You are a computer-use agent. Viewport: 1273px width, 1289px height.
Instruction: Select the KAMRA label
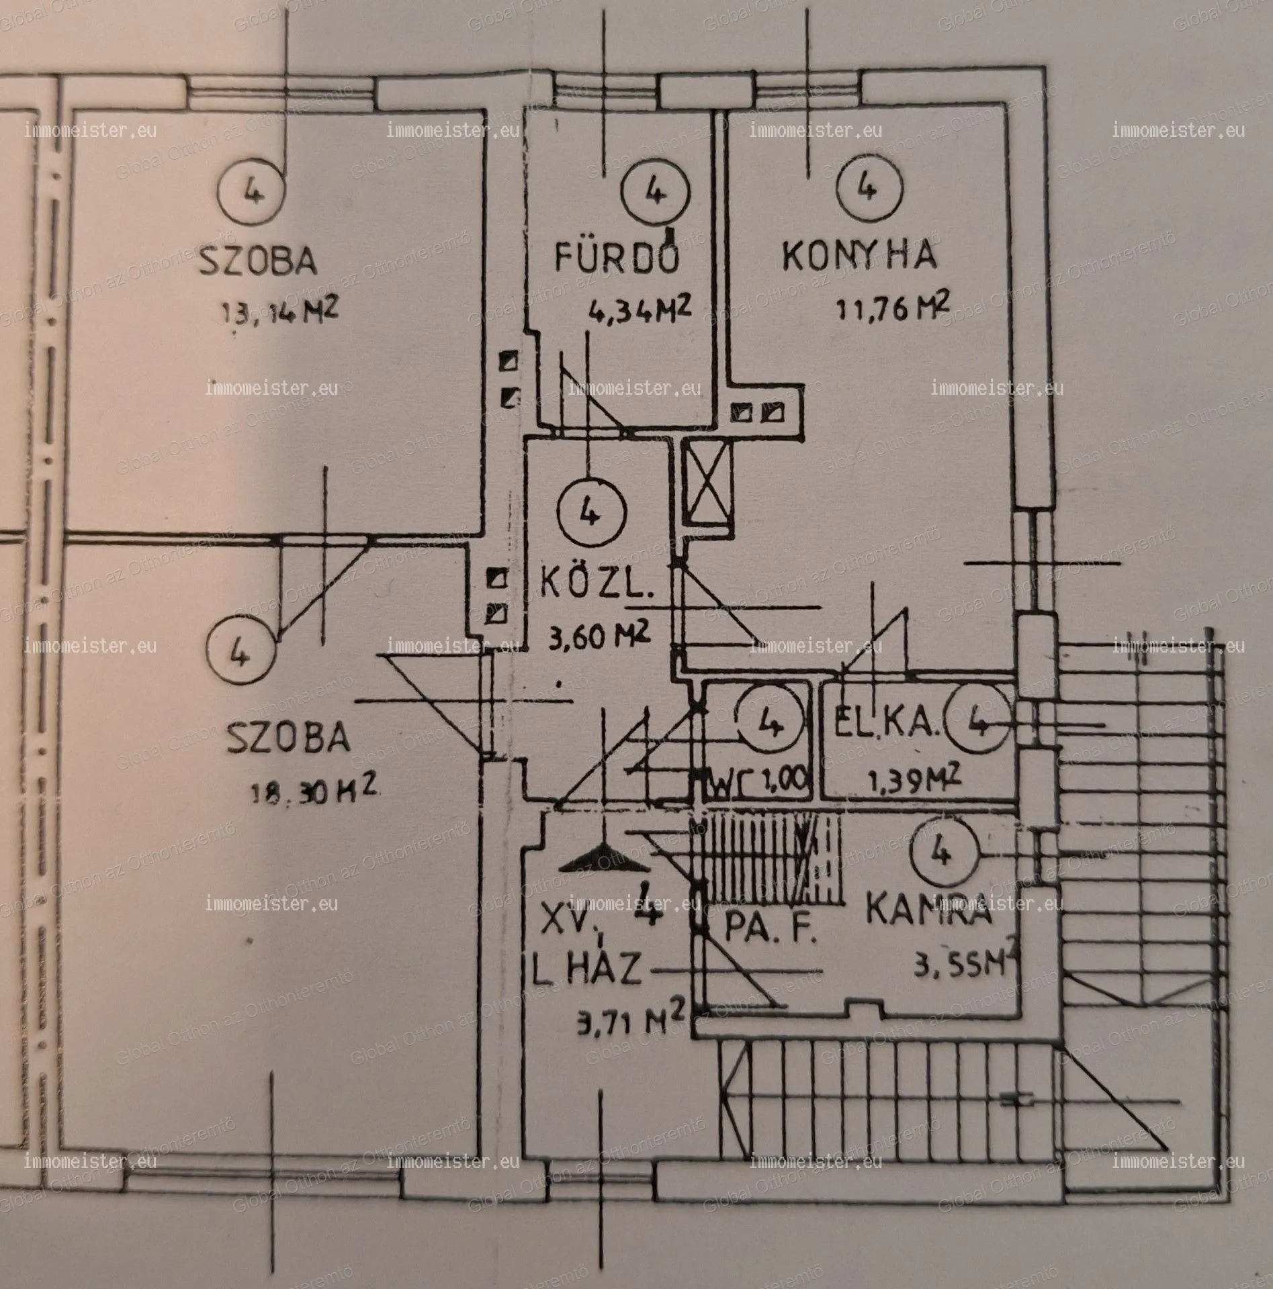click(928, 909)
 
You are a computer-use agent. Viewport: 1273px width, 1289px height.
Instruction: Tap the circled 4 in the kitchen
click(868, 190)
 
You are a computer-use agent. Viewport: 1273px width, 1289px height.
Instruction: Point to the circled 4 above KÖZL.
click(590, 515)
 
